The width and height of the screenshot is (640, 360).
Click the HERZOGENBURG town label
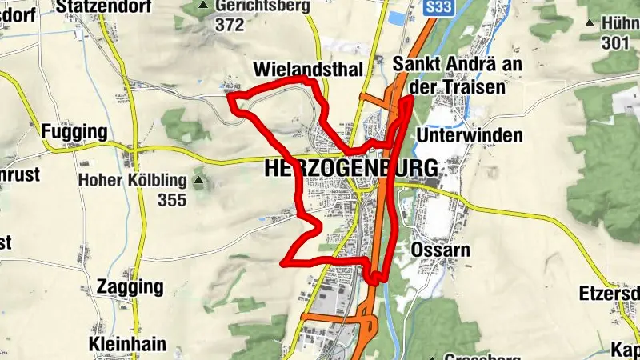pyautogui.click(x=350, y=170)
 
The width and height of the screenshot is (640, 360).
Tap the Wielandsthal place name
pyautogui.click(x=308, y=68)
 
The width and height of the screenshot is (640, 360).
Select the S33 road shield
pyautogui.click(x=437, y=7)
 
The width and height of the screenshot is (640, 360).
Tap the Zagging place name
pyautogui.click(x=130, y=286)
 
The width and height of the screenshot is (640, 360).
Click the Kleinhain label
pyautogui.click(x=128, y=345)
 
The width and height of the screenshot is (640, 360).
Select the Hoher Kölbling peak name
pyautogui.click(x=133, y=181)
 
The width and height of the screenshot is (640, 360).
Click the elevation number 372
pyautogui.click(x=229, y=24)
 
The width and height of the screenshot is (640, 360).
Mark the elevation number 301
pyautogui.click(x=616, y=43)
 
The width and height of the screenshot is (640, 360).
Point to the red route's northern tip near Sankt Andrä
pyautogui.click(x=410, y=98)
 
